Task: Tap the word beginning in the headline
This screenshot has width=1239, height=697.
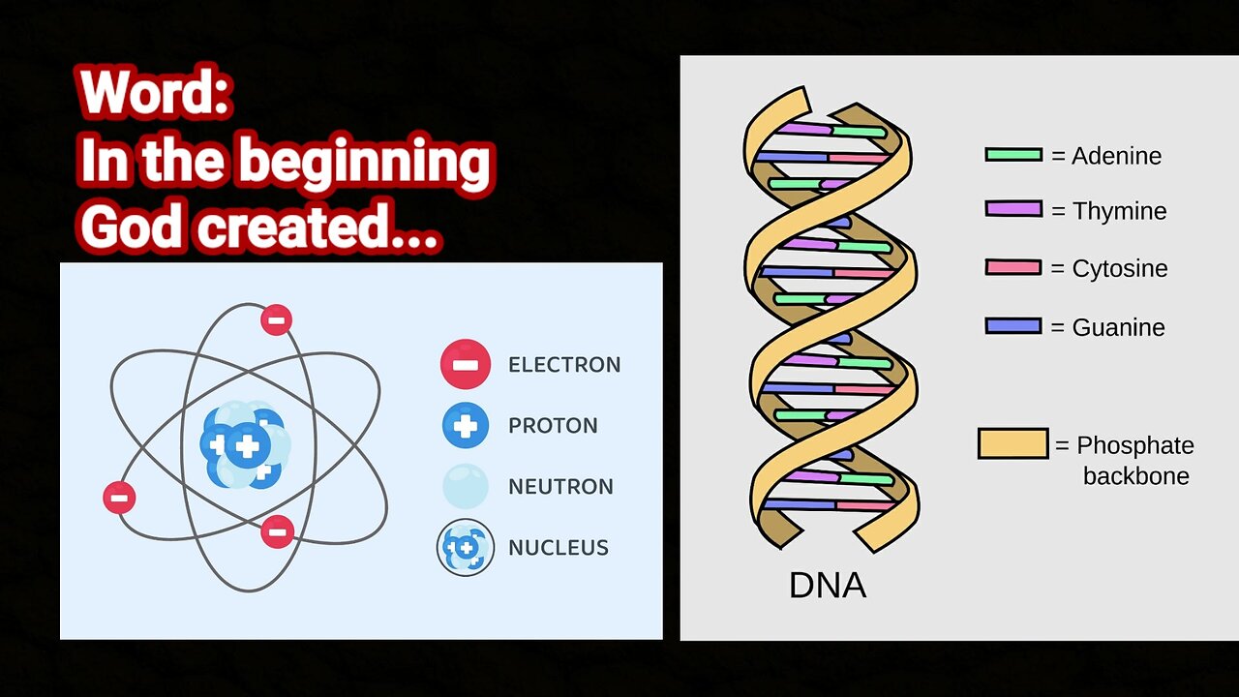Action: (365, 163)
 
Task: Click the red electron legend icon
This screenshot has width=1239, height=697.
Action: (466, 364)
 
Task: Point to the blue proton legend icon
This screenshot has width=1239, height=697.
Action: (466, 425)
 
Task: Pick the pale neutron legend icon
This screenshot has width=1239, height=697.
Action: (466, 486)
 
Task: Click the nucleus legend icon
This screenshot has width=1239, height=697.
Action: (466, 547)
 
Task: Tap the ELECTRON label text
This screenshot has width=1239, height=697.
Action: (564, 365)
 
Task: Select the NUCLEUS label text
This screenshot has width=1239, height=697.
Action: (559, 548)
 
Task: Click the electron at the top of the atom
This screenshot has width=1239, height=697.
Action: (277, 319)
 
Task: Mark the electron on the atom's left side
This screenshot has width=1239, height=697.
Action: (119, 498)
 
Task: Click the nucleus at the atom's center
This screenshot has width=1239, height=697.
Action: (246, 445)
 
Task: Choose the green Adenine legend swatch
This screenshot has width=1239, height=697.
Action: (1013, 155)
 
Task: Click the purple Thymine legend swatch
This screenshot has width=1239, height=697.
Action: (1013, 209)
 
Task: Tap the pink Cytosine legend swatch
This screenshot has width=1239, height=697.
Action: (1013, 267)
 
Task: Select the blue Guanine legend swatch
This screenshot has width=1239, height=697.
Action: (1013, 326)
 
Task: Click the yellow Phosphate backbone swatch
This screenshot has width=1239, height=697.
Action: (1012, 443)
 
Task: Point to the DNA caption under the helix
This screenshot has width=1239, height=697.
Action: (828, 585)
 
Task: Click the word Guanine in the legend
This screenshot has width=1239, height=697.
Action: (1118, 327)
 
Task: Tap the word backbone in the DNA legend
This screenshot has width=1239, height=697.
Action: (1135, 476)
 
